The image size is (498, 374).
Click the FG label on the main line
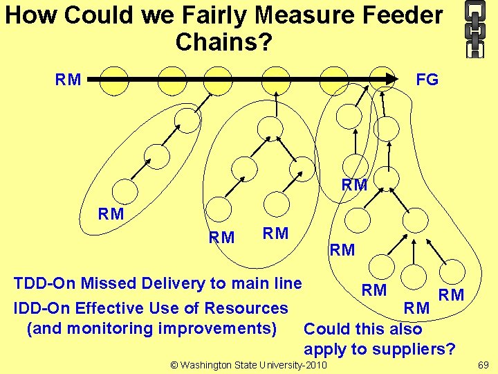(427, 80)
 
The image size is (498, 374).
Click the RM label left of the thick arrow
(68, 80)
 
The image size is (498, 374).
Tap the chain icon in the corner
(474, 29)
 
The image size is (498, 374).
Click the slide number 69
(483, 364)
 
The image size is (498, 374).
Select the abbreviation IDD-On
(43, 308)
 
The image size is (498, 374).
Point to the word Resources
(252, 308)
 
